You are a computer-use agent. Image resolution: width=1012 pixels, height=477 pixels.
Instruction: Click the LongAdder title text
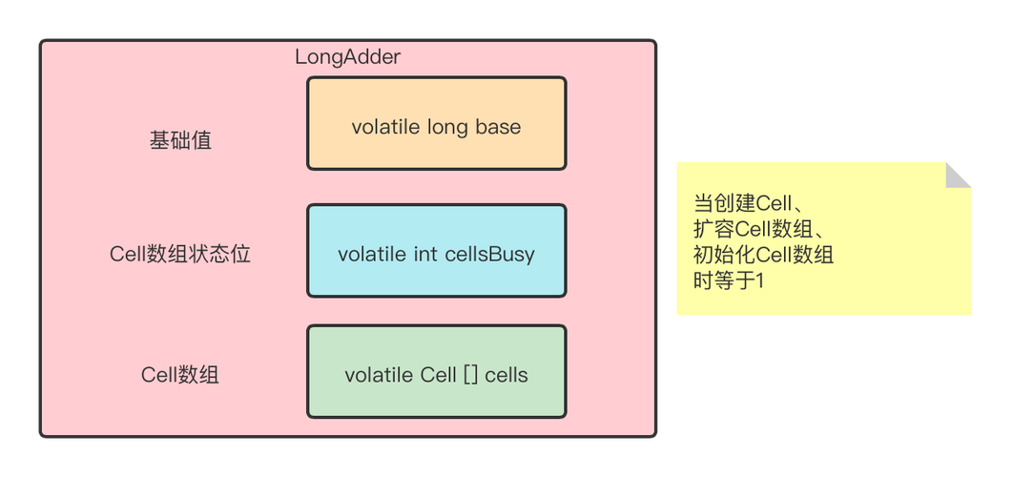click(x=347, y=57)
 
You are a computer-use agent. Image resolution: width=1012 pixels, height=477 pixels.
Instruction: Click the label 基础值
click(x=180, y=141)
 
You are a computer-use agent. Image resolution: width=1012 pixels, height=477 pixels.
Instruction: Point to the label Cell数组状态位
click(x=180, y=255)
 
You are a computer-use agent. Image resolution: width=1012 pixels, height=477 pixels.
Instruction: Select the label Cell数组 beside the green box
click(x=180, y=375)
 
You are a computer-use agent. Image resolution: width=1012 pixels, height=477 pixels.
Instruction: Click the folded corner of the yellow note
click(x=959, y=173)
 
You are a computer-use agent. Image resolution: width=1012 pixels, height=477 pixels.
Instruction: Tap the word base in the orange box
click(x=498, y=127)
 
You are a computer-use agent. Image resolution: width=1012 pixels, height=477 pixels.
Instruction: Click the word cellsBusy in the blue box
click(x=489, y=255)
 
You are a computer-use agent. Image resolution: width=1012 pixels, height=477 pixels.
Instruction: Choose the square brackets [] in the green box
click(x=470, y=375)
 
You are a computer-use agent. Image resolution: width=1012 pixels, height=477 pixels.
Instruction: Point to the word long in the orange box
click(x=448, y=127)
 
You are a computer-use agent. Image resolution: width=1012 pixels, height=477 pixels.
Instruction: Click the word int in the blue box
click(x=425, y=255)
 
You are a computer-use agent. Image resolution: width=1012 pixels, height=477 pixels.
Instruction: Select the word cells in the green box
click(x=506, y=375)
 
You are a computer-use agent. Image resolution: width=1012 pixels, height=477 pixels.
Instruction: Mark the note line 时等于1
click(x=729, y=280)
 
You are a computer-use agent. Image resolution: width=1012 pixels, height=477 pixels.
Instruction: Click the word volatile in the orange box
click(x=385, y=127)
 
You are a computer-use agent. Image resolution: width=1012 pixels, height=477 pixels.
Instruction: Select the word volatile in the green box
click(x=379, y=375)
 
